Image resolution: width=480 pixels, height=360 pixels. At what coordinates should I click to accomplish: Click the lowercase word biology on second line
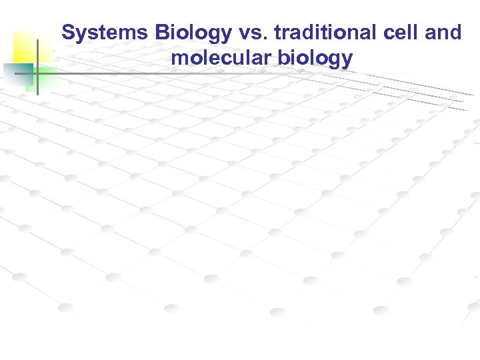click(x=313, y=58)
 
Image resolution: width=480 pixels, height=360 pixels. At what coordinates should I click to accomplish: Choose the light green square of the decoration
click(x=45, y=76)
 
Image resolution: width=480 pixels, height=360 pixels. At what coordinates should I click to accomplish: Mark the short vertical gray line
click(x=37, y=67)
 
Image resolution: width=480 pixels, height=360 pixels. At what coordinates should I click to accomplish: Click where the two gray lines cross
click(x=37, y=73)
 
